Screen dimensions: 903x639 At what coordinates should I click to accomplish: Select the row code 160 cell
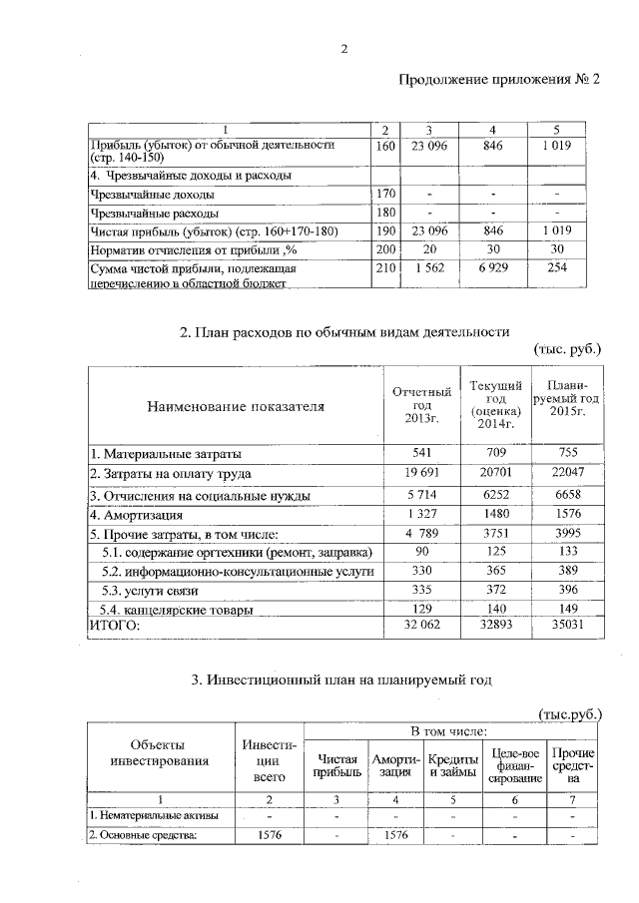384,146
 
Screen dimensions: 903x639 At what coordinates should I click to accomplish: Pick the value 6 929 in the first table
492,269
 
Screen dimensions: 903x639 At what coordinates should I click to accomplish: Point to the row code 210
384,269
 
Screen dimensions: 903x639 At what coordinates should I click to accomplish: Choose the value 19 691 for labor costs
420,473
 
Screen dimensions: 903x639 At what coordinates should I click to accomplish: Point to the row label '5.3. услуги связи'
152,590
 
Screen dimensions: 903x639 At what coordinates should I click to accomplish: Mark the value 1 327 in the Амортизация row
420,515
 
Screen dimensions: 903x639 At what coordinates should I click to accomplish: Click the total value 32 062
420,626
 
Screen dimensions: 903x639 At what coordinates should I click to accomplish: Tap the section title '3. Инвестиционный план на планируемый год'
342,680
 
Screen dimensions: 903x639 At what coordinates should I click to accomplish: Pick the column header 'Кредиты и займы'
453,763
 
